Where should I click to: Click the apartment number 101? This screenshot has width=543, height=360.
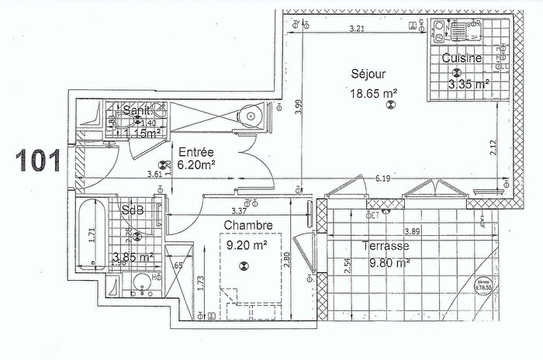click(36, 160)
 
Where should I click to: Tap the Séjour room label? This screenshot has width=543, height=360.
click(368, 74)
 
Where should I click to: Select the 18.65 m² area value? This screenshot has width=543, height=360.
click(374, 92)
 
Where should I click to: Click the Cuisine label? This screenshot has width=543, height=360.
click(462, 58)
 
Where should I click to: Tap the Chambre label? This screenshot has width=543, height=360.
click(248, 226)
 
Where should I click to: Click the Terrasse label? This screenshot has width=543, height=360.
click(386, 247)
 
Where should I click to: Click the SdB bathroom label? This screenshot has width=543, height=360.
click(131, 211)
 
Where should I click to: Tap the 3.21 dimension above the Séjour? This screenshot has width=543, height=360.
click(357, 29)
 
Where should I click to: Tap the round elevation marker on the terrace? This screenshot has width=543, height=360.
click(484, 286)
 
